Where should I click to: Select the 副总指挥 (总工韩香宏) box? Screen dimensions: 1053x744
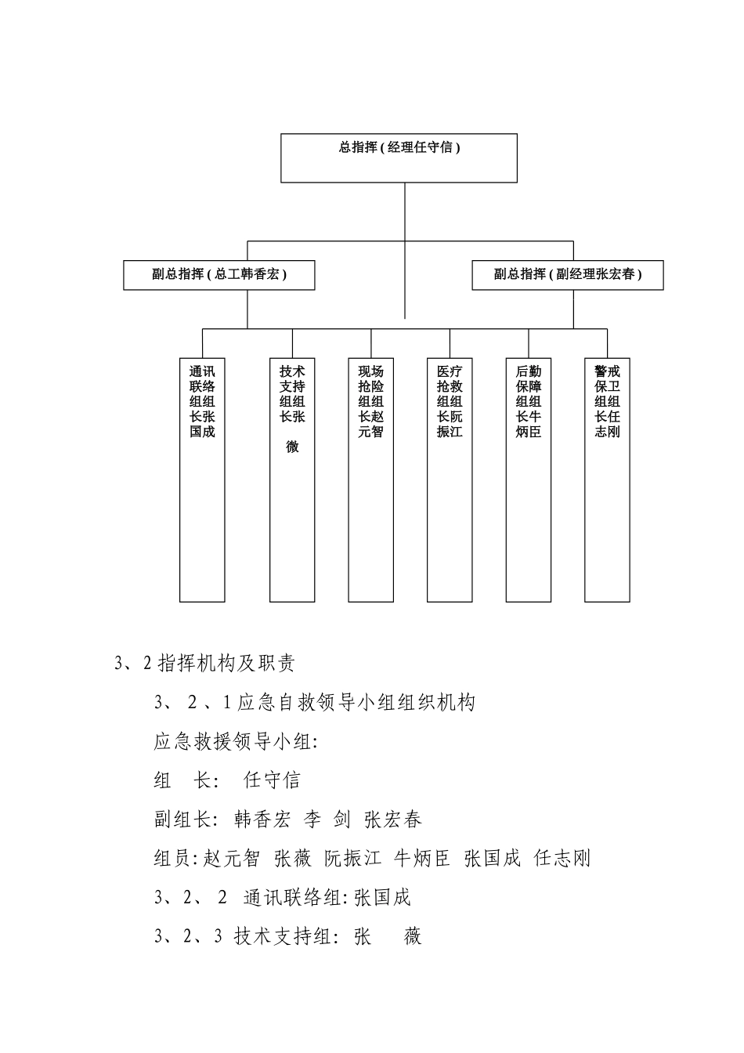219,274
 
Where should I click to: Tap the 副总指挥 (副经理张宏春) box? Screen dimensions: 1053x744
567,274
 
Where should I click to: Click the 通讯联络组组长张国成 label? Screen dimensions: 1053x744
202,401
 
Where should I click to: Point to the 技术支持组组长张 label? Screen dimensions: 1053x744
292,393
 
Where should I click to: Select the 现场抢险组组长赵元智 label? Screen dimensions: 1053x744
371,401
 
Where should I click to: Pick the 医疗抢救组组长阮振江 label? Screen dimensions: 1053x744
450,401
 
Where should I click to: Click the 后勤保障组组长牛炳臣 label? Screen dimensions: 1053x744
529,401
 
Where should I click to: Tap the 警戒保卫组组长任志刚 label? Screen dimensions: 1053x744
607,401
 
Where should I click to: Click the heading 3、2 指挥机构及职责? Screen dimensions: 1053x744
204,664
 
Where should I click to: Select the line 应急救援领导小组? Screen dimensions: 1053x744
236,741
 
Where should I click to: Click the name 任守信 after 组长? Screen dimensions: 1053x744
272,780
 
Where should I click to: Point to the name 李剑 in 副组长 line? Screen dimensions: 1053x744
327,820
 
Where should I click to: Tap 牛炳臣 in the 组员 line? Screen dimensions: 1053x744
422,859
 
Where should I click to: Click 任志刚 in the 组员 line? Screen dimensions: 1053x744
562,859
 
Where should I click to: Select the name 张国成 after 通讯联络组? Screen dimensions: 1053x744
382,898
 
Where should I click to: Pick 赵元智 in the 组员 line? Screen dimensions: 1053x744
231,859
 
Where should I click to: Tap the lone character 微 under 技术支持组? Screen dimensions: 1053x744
292,447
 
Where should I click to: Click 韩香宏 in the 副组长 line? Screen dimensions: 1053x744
262,820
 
